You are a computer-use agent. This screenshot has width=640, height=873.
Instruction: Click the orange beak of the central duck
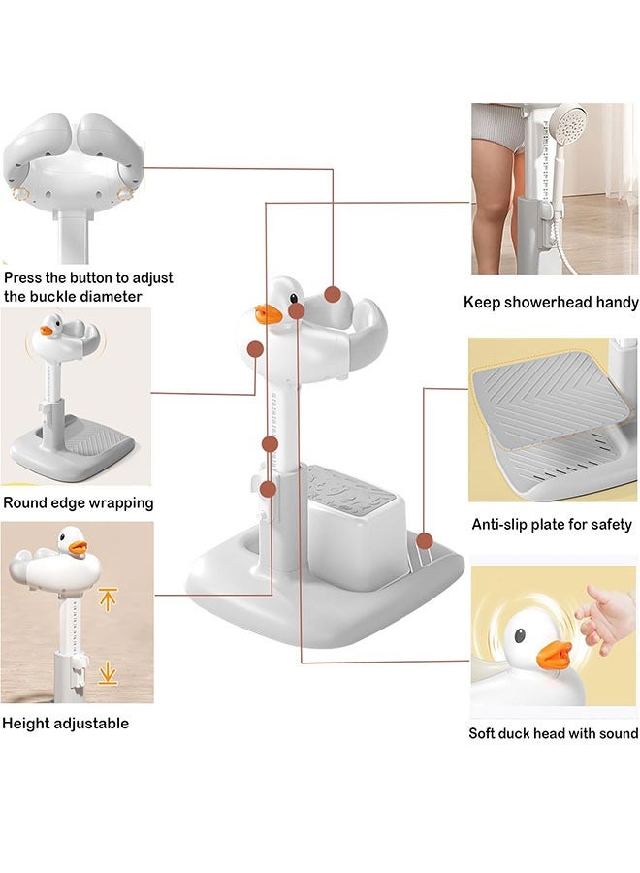(269, 314)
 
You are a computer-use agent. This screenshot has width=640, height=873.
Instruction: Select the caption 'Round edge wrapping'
(79, 502)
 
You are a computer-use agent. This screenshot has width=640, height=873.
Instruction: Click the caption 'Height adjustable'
(65, 723)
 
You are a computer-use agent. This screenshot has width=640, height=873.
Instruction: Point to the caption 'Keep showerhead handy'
(550, 303)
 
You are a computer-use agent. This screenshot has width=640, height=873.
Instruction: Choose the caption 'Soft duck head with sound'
(553, 733)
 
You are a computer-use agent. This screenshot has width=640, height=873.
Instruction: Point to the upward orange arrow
(108, 598)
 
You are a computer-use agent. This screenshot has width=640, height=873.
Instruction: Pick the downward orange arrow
(108, 670)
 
